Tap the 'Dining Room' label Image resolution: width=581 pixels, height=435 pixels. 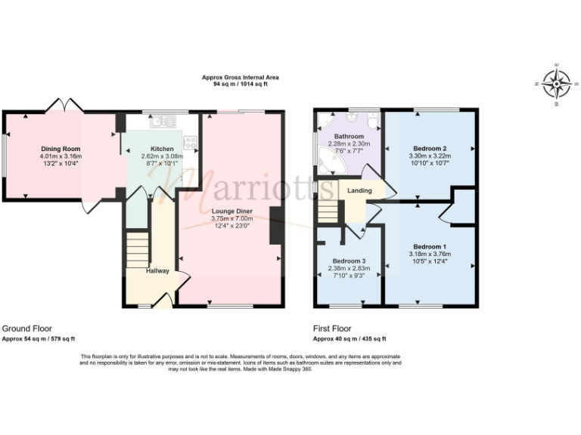point(61,149)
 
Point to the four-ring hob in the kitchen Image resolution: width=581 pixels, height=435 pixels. point(189,141)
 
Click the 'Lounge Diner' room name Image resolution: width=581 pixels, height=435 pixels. point(231,211)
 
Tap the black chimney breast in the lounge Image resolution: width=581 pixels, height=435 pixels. point(277,225)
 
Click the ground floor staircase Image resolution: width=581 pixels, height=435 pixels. point(137,248)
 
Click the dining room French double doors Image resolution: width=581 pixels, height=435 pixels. point(62,106)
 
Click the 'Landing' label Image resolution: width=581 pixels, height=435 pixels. point(359,190)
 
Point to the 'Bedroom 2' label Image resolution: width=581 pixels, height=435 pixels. point(429,148)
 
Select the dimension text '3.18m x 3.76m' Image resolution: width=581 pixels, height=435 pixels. point(429,254)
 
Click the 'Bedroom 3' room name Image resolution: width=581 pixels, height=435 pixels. point(347,261)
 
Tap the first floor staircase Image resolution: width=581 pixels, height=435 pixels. point(327,211)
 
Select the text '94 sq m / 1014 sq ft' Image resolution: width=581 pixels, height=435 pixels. point(241,84)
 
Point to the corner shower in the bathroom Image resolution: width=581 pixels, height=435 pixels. point(329,123)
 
